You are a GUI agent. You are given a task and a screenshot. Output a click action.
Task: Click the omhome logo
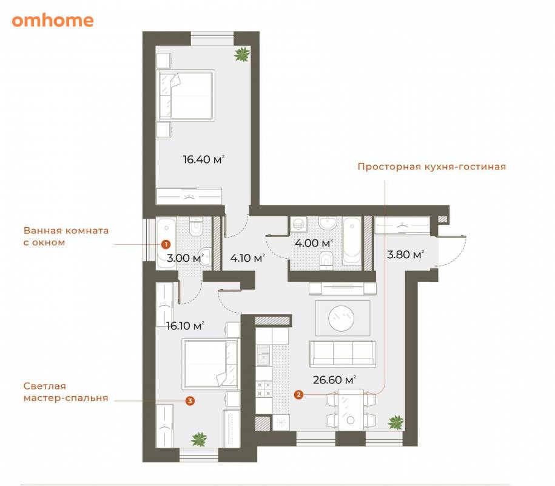pos(53,20)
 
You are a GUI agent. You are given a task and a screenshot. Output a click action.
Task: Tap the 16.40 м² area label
pos(204,159)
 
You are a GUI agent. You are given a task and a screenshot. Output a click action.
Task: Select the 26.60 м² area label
pos(334,380)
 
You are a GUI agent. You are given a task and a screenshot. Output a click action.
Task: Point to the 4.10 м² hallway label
pos(247,258)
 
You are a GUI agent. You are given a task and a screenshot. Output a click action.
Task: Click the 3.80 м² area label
pos(405,254)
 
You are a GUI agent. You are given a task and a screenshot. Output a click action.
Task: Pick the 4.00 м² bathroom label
pos(313,243)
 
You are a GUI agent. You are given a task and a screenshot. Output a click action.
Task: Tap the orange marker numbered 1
pos(166,244)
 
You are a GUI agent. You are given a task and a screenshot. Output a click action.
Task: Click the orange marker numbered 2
pos(299,394)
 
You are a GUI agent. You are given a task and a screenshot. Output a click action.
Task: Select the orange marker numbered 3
pos(190,401)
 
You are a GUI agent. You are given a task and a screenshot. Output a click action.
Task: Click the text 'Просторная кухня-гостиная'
pos(431,166)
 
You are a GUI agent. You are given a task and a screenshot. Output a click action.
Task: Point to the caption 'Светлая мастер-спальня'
pos(66,392)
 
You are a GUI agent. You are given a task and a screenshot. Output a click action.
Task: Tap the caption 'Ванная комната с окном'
pos(66,236)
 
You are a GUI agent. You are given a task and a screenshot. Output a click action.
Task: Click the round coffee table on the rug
pos(341,318)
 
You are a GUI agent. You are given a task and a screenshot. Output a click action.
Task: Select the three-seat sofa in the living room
pos(343,354)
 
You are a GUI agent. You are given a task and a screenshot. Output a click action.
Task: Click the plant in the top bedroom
pos(242,55)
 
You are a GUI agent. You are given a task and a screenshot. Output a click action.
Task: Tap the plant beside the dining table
pos(395,422)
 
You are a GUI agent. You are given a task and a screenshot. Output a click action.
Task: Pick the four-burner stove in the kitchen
pos(264,389)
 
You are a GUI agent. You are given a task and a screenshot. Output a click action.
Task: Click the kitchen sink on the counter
pos(263,355)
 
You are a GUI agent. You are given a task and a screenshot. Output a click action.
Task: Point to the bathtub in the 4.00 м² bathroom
pos(351,241)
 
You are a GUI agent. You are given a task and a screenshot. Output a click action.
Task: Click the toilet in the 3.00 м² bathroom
pos(195,227)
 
